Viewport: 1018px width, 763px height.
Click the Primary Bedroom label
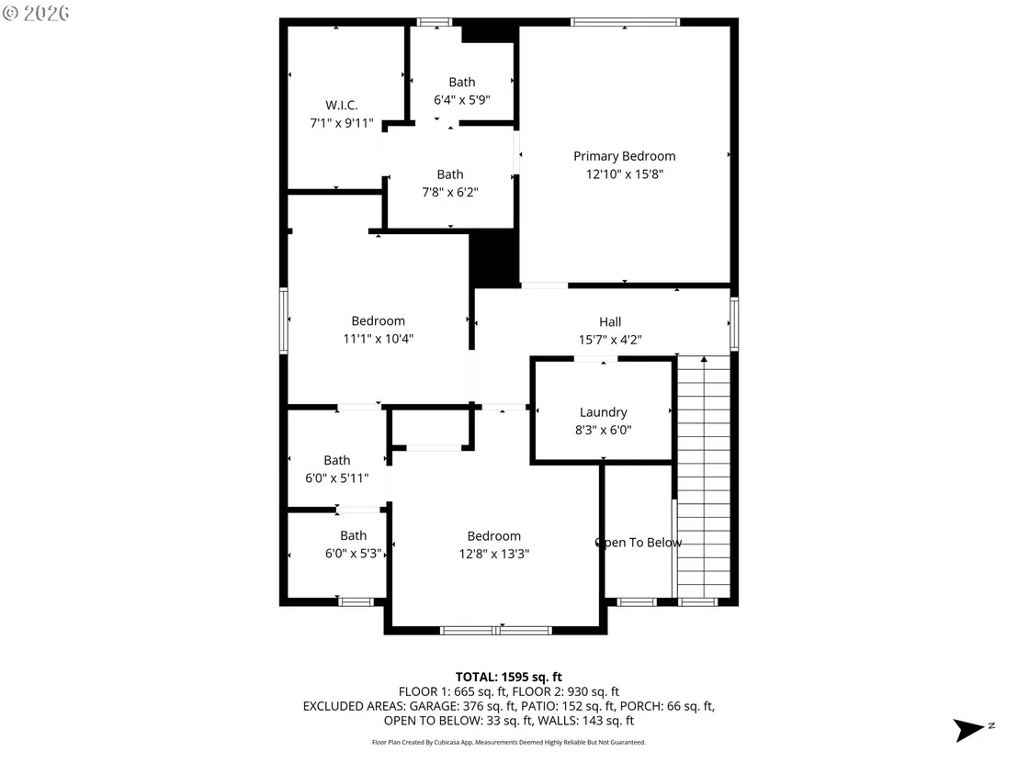click(x=624, y=156)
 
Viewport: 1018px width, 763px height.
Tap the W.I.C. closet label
click(x=342, y=105)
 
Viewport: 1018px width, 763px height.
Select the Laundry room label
click(x=603, y=412)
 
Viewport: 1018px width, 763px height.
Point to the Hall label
click(x=610, y=321)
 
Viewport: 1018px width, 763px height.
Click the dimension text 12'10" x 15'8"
click(x=624, y=174)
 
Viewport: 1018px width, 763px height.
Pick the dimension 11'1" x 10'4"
click(x=378, y=339)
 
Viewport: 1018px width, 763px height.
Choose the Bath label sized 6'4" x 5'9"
click(x=461, y=83)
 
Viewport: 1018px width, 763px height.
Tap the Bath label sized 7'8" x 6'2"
click(x=450, y=174)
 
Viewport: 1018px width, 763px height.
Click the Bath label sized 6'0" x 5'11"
click(x=337, y=461)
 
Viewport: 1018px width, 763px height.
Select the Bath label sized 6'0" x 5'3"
click(x=353, y=536)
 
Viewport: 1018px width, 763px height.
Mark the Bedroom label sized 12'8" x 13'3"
click(x=494, y=536)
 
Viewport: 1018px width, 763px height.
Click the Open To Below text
click(x=639, y=543)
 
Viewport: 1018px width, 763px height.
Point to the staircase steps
click(x=704, y=477)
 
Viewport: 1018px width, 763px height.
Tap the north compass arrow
click(x=968, y=730)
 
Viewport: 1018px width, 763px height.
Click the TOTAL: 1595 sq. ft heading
click(x=508, y=678)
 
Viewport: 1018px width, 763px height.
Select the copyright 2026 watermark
click(x=36, y=13)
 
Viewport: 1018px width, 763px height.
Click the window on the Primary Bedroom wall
click(x=625, y=22)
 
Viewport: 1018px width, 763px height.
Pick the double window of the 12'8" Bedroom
click(x=496, y=631)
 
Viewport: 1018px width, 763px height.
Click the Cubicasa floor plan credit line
click(x=508, y=742)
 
